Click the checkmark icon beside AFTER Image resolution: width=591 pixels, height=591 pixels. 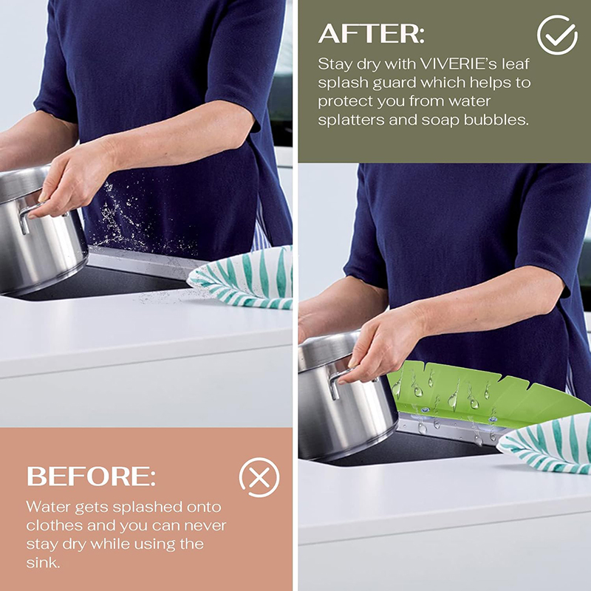point(557,35)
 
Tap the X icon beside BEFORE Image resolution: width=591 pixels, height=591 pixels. point(259,477)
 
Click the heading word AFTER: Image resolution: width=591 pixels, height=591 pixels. point(372,33)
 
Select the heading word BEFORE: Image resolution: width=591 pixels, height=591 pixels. point(91,476)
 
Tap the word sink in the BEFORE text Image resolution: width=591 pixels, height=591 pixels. point(43,563)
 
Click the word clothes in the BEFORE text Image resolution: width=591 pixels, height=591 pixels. point(54,525)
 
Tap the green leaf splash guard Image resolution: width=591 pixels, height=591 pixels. point(486,392)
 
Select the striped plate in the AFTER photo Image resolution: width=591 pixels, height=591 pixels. point(544,445)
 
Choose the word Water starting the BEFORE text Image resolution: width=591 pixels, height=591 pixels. point(48,507)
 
